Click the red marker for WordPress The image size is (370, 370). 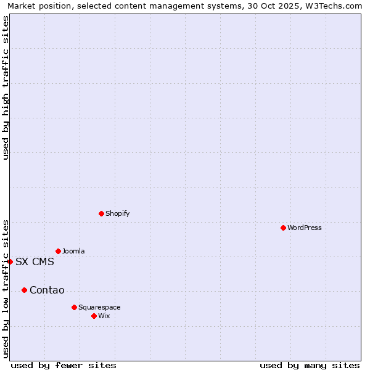283,228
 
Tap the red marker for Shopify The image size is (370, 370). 101,213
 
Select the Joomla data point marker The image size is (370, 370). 58,251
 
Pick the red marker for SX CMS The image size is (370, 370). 10,261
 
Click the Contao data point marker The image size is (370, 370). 24,290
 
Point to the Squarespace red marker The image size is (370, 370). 74,307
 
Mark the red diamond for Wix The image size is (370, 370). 94,316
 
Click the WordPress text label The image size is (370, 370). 305,228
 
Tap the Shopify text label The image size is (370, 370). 117,213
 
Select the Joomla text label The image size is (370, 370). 73,251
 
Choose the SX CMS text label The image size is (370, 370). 35,261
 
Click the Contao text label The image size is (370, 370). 47,290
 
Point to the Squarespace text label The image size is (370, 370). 99,307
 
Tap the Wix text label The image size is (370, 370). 104,316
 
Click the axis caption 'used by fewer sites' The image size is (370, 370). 64,365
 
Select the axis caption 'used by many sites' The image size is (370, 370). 310,365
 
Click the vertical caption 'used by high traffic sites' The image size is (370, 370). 6,88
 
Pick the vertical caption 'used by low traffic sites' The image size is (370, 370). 6,288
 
